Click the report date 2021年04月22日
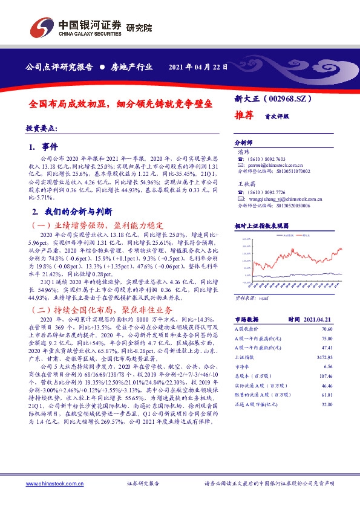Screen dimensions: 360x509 [198, 66]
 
